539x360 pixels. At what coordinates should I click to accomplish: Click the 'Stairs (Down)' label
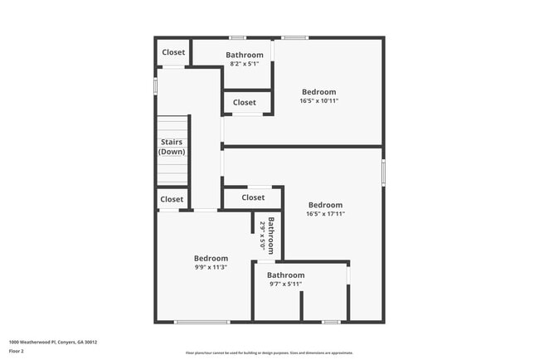pos(172,147)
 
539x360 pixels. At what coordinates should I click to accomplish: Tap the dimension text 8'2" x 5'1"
pos(244,63)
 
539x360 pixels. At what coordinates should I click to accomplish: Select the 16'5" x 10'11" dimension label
pos(318,100)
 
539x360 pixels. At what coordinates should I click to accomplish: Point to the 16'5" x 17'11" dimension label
pos(325,213)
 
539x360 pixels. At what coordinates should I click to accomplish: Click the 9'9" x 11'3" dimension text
pos(211,267)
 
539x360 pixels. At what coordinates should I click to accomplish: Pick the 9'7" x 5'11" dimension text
pos(285,284)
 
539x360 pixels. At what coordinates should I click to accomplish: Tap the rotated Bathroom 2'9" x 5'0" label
pos(266,234)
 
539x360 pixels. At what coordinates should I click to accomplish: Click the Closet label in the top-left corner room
pos(173,52)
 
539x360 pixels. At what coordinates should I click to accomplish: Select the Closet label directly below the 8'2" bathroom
pos(245,103)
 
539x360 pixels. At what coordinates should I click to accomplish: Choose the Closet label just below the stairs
pos(172,199)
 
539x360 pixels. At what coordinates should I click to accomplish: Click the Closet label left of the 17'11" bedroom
pos(253,197)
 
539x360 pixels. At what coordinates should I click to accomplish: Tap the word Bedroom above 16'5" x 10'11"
pos(318,91)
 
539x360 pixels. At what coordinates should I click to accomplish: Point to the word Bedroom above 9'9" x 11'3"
pos(211,258)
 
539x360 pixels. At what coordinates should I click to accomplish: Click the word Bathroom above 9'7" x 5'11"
pos(285,275)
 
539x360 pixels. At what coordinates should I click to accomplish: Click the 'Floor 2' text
pos(17,351)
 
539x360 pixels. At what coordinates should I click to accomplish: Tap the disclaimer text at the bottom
pos(269,353)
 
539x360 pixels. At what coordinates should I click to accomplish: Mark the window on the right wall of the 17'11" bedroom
pos(383,172)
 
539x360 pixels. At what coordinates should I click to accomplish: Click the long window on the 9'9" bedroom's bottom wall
pos(202,322)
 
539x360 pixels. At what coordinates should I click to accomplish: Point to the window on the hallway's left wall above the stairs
pos(155,85)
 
